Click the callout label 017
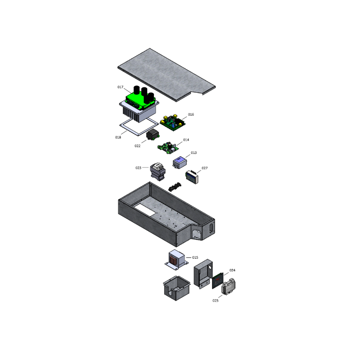pyautogui.click(x=120, y=87)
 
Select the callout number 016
pyautogui.click(x=191, y=115)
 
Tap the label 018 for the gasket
pyautogui.click(x=118, y=137)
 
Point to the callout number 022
pyautogui.click(x=138, y=146)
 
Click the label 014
pyautogui.click(x=186, y=140)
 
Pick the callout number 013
pyautogui.click(x=193, y=153)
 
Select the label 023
pyautogui.click(x=139, y=168)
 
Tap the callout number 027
pyautogui.click(x=204, y=168)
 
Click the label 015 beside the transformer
pyautogui.click(x=195, y=257)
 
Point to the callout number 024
pyautogui.click(x=232, y=270)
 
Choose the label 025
pyautogui.click(x=216, y=300)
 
